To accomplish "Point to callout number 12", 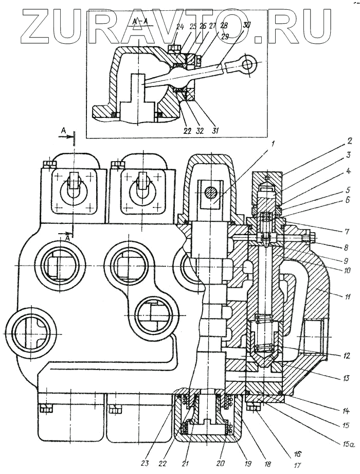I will tap(348, 355).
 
